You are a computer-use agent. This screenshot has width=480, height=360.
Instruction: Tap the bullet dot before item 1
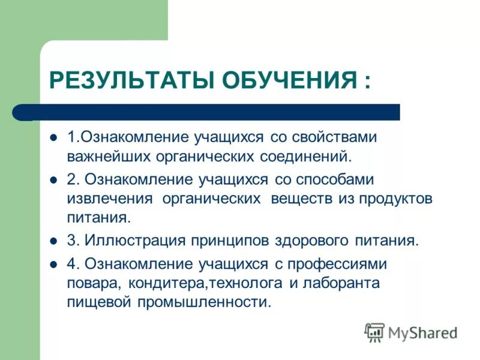[x=53, y=137]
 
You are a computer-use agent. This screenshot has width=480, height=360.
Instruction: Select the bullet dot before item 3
[x=53, y=241]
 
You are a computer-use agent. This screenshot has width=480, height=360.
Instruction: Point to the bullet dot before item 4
[x=53, y=264]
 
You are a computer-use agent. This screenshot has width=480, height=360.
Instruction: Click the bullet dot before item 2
[x=53, y=179]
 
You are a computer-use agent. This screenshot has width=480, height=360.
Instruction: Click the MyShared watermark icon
[x=374, y=332]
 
